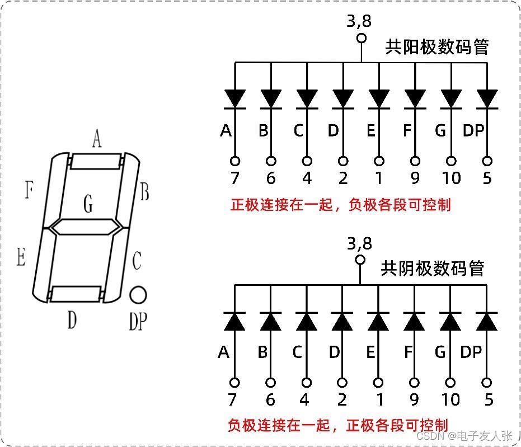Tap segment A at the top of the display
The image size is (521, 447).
pyautogui.click(x=96, y=162)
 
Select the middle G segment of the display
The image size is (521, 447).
pyautogui.click(x=87, y=227)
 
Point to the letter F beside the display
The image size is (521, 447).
pyautogui.click(x=29, y=191)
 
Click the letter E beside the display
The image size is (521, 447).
pyautogui.click(x=21, y=258)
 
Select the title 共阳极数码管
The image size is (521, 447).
pyautogui.click(x=436, y=47)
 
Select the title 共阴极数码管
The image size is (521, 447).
pyautogui.click(x=432, y=269)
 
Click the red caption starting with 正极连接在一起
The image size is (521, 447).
pyautogui.click(x=340, y=205)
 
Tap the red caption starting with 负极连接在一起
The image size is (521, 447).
pyautogui.click(x=338, y=425)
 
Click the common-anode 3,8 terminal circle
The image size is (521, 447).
pyautogui.click(x=361, y=38)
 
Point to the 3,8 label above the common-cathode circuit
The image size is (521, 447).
pyautogui.click(x=359, y=243)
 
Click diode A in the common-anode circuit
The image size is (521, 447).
pyautogui.click(x=235, y=98)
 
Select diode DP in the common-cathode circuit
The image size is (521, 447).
pyautogui.click(x=486, y=321)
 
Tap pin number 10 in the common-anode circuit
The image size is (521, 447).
pyautogui.click(x=451, y=178)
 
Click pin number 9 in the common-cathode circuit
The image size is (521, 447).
pyautogui.click(x=415, y=399)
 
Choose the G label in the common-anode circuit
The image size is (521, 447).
pyautogui.click(x=440, y=131)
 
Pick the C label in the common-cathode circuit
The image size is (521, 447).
pyautogui.click(x=297, y=352)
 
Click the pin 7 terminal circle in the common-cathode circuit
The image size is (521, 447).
pyautogui.click(x=234, y=383)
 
